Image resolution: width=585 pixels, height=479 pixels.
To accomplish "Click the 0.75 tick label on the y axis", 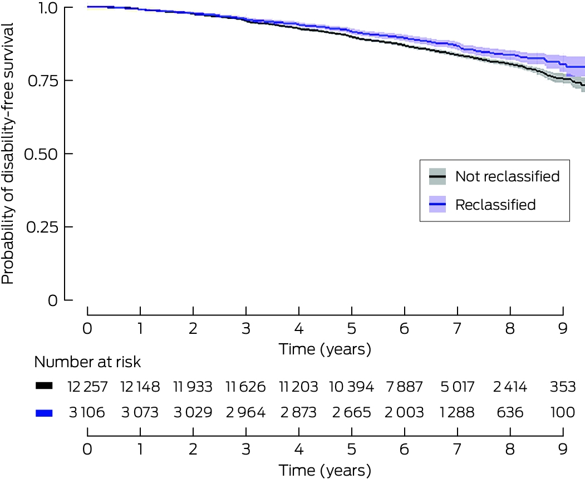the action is tap(43, 81).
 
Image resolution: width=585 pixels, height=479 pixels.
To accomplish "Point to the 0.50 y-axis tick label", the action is tap(41, 154).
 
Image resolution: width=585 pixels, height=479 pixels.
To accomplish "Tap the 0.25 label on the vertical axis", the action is tap(42, 227).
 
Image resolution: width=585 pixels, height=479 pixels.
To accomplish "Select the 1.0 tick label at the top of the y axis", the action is tap(48, 8).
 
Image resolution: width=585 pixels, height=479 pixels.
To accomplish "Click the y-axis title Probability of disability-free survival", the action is tap(7, 154).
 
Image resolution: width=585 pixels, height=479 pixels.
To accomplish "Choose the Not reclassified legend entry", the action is tap(508, 176).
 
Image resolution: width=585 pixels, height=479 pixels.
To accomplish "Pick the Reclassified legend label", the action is tap(495, 205).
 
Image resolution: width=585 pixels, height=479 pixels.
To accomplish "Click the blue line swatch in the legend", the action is tap(437, 204).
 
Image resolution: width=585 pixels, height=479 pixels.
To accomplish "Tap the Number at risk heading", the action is tap(88, 362).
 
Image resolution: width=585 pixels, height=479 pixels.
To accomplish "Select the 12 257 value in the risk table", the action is tap(87, 387).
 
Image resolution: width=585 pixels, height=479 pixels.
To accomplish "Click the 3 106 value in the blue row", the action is tap(87, 413).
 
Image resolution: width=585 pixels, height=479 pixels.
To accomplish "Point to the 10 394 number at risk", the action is tap(351, 387).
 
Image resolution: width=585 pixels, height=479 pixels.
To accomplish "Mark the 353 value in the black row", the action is tap(563, 387).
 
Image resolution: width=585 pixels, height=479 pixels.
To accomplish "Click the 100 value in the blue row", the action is tap(563, 413).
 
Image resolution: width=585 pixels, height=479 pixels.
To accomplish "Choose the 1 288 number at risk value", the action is tap(457, 413).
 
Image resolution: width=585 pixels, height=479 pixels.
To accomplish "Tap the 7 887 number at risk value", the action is tap(405, 387).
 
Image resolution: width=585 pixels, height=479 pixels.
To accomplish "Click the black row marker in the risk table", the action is tap(44, 386).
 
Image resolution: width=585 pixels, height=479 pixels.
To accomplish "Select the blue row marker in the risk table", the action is tap(44, 413).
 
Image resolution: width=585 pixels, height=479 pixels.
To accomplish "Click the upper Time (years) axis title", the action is tap(325, 349).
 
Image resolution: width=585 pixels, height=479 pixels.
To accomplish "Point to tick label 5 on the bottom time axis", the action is tap(351, 449).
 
